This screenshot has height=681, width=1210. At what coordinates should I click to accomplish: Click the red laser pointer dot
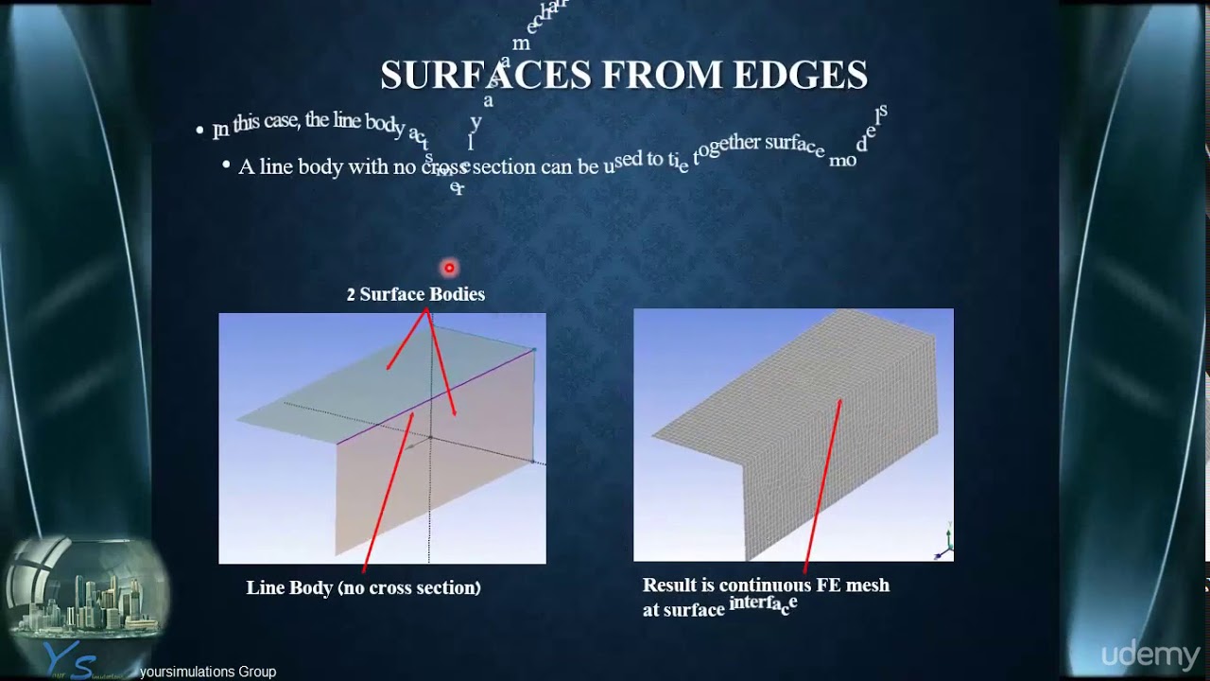tap(449, 268)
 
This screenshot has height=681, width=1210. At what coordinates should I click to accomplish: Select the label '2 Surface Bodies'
tap(415, 294)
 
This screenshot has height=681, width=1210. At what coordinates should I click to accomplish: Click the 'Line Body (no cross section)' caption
tap(363, 587)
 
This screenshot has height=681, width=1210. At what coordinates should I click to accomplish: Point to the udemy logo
tap(1150, 655)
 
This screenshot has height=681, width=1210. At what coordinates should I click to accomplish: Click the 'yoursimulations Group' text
tap(208, 672)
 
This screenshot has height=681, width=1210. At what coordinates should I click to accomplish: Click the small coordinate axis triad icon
tap(944, 541)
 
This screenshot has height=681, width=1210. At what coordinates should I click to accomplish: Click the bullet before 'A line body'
tap(226, 166)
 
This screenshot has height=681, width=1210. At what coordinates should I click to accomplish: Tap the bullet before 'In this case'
tap(199, 130)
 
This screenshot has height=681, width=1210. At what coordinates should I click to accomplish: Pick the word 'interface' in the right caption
tap(763, 603)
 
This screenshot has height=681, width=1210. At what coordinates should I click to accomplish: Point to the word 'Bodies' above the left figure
tap(457, 294)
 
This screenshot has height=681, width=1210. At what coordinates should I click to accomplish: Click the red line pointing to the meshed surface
tap(822, 482)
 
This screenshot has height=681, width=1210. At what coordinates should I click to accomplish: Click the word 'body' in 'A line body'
tap(320, 167)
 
